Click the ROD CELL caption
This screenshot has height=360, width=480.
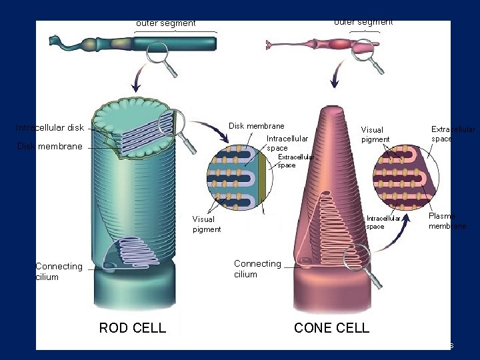pos(132,327)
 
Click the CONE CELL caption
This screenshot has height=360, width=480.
pos(331,327)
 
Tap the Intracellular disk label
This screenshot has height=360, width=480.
pos(50,127)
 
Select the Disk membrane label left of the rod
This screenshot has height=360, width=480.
pos(50,146)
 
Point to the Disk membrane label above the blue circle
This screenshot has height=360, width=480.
pos(256,126)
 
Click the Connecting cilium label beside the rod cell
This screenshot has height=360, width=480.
pos(59,271)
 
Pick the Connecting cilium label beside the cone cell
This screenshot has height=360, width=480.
pos(257,269)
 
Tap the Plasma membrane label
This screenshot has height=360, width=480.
pos(447,221)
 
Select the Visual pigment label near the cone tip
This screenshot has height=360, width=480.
pos(375,135)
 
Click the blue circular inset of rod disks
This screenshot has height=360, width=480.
pos(237,176)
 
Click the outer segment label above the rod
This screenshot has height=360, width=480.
pos(166,23)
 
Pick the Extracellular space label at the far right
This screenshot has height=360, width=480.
pos(453,134)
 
